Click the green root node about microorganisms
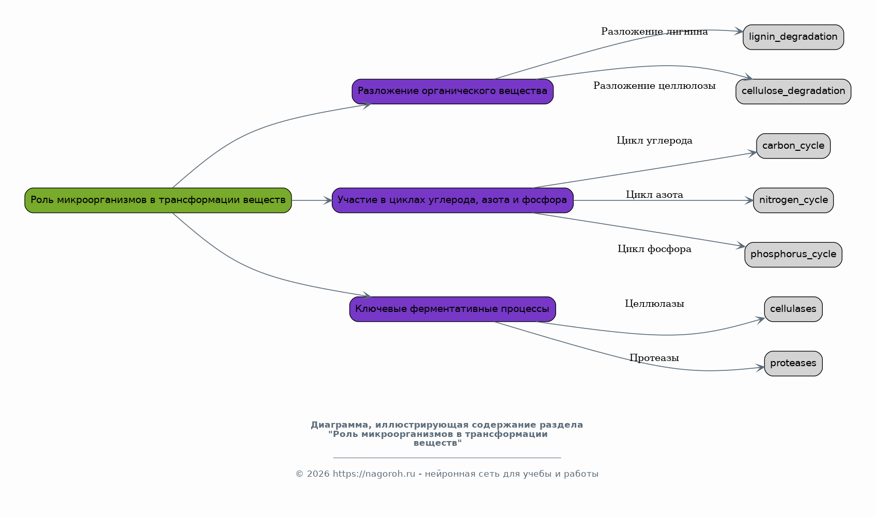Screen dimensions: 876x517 coord(158,200)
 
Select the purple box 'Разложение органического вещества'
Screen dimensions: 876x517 coord(452,91)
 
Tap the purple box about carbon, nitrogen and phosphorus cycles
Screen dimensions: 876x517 coord(452,200)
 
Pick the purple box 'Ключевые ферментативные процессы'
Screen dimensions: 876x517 coord(452,309)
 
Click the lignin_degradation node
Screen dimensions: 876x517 coord(793,37)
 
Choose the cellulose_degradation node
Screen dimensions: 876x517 coord(793,91)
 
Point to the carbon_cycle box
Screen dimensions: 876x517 coord(793,146)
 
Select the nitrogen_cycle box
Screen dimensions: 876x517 coord(793,200)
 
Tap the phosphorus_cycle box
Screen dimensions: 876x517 coord(793,255)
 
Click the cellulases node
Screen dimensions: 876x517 coord(793,309)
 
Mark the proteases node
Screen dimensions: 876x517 coord(793,364)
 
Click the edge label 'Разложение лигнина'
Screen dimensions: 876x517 coord(654,32)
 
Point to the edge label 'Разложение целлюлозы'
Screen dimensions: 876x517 coord(654,86)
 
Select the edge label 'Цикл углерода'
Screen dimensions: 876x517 coord(654,140)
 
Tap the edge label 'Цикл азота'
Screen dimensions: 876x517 coord(654,195)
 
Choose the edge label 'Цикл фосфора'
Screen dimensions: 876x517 coord(654,249)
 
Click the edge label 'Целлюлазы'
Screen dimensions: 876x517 coord(654,304)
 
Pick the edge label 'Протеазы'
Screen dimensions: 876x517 coord(654,358)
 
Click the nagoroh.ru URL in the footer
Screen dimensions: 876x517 coord(374,474)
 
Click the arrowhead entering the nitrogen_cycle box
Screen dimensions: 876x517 coord(749,200)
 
